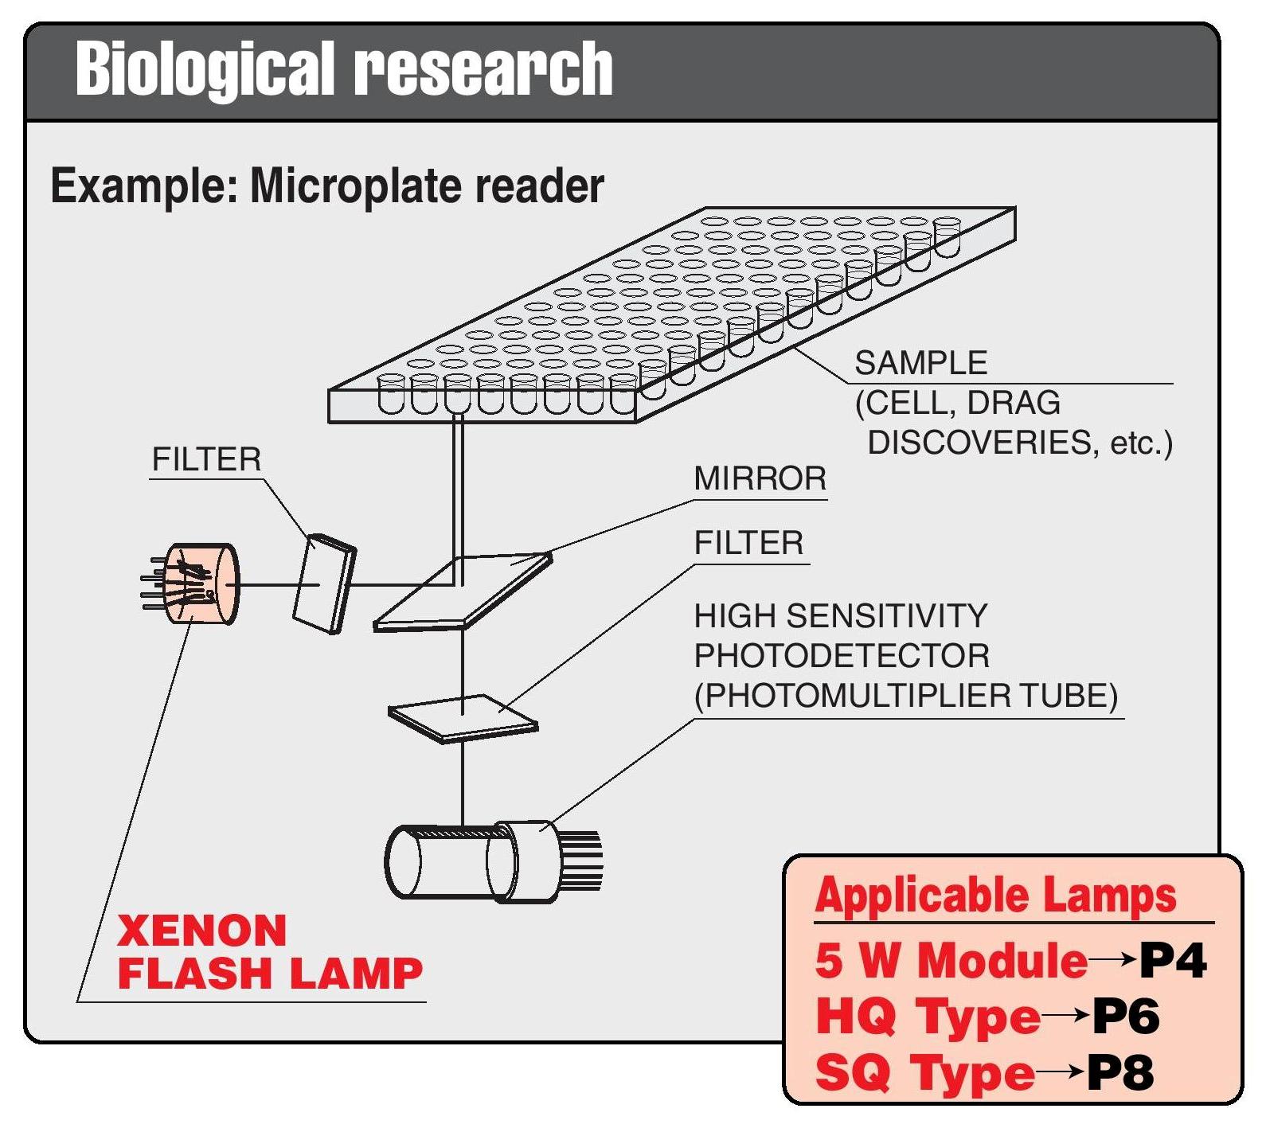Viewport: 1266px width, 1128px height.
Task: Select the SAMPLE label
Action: point(920,364)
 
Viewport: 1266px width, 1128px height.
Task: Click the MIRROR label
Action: point(760,479)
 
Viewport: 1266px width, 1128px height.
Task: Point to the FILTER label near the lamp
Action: point(206,460)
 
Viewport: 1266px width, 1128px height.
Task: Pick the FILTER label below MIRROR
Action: point(748,544)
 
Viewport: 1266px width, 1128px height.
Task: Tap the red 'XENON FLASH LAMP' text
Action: point(269,952)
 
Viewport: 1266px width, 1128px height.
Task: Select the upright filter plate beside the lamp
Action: point(324,584)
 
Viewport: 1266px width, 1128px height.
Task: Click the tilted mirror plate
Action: point(462,591)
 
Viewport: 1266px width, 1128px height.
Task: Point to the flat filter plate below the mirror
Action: point(463,718)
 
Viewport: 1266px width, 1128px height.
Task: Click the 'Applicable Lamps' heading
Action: point(995,896)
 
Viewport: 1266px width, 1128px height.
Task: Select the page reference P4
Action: point(1172,961)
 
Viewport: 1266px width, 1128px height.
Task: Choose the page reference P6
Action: point(1124,1017)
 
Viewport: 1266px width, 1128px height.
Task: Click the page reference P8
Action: point(1119,1073)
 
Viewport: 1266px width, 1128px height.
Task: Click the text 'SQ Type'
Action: point(924,1073)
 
